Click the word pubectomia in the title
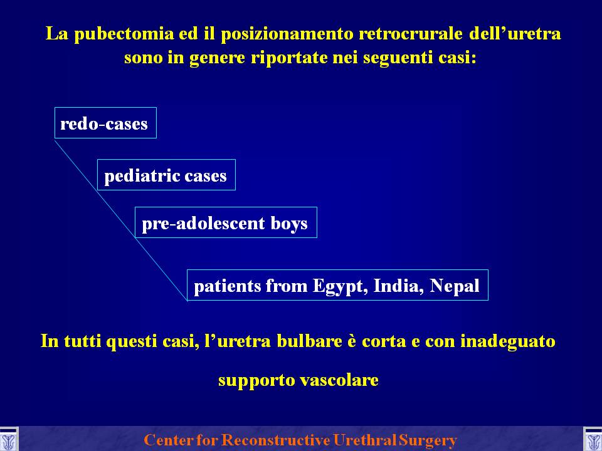point(124,34)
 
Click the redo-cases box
point(105,123)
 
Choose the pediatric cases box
point(166,175)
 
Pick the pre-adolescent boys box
point(226,222)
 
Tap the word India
point(399,286)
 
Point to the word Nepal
point(455,286)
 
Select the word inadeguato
point(507,341)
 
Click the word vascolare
point(339,380)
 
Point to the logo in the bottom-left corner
point(9,440)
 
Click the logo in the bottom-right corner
point(593,440)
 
